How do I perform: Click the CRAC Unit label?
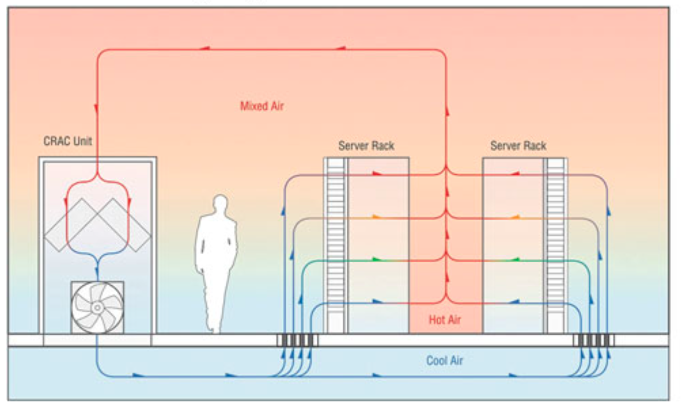coord(68,141)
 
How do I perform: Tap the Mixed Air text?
coord(262,106)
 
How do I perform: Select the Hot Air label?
coord(445,320)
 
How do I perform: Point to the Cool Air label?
coord(444,360)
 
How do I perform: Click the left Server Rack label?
coord(366,146)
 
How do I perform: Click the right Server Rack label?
coord(519,146)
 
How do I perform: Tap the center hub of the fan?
coord(97,307)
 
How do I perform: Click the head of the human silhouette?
coord(220,203)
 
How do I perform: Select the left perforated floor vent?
coord(297,340)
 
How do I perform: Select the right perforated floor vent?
coord(594,340)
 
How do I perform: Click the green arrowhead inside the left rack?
coord(377,260)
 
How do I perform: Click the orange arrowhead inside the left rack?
coord(376,217)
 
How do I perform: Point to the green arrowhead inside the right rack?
coord(515,260)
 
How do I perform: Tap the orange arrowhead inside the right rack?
coord(515,217)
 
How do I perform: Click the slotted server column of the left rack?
coord(336,245)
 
